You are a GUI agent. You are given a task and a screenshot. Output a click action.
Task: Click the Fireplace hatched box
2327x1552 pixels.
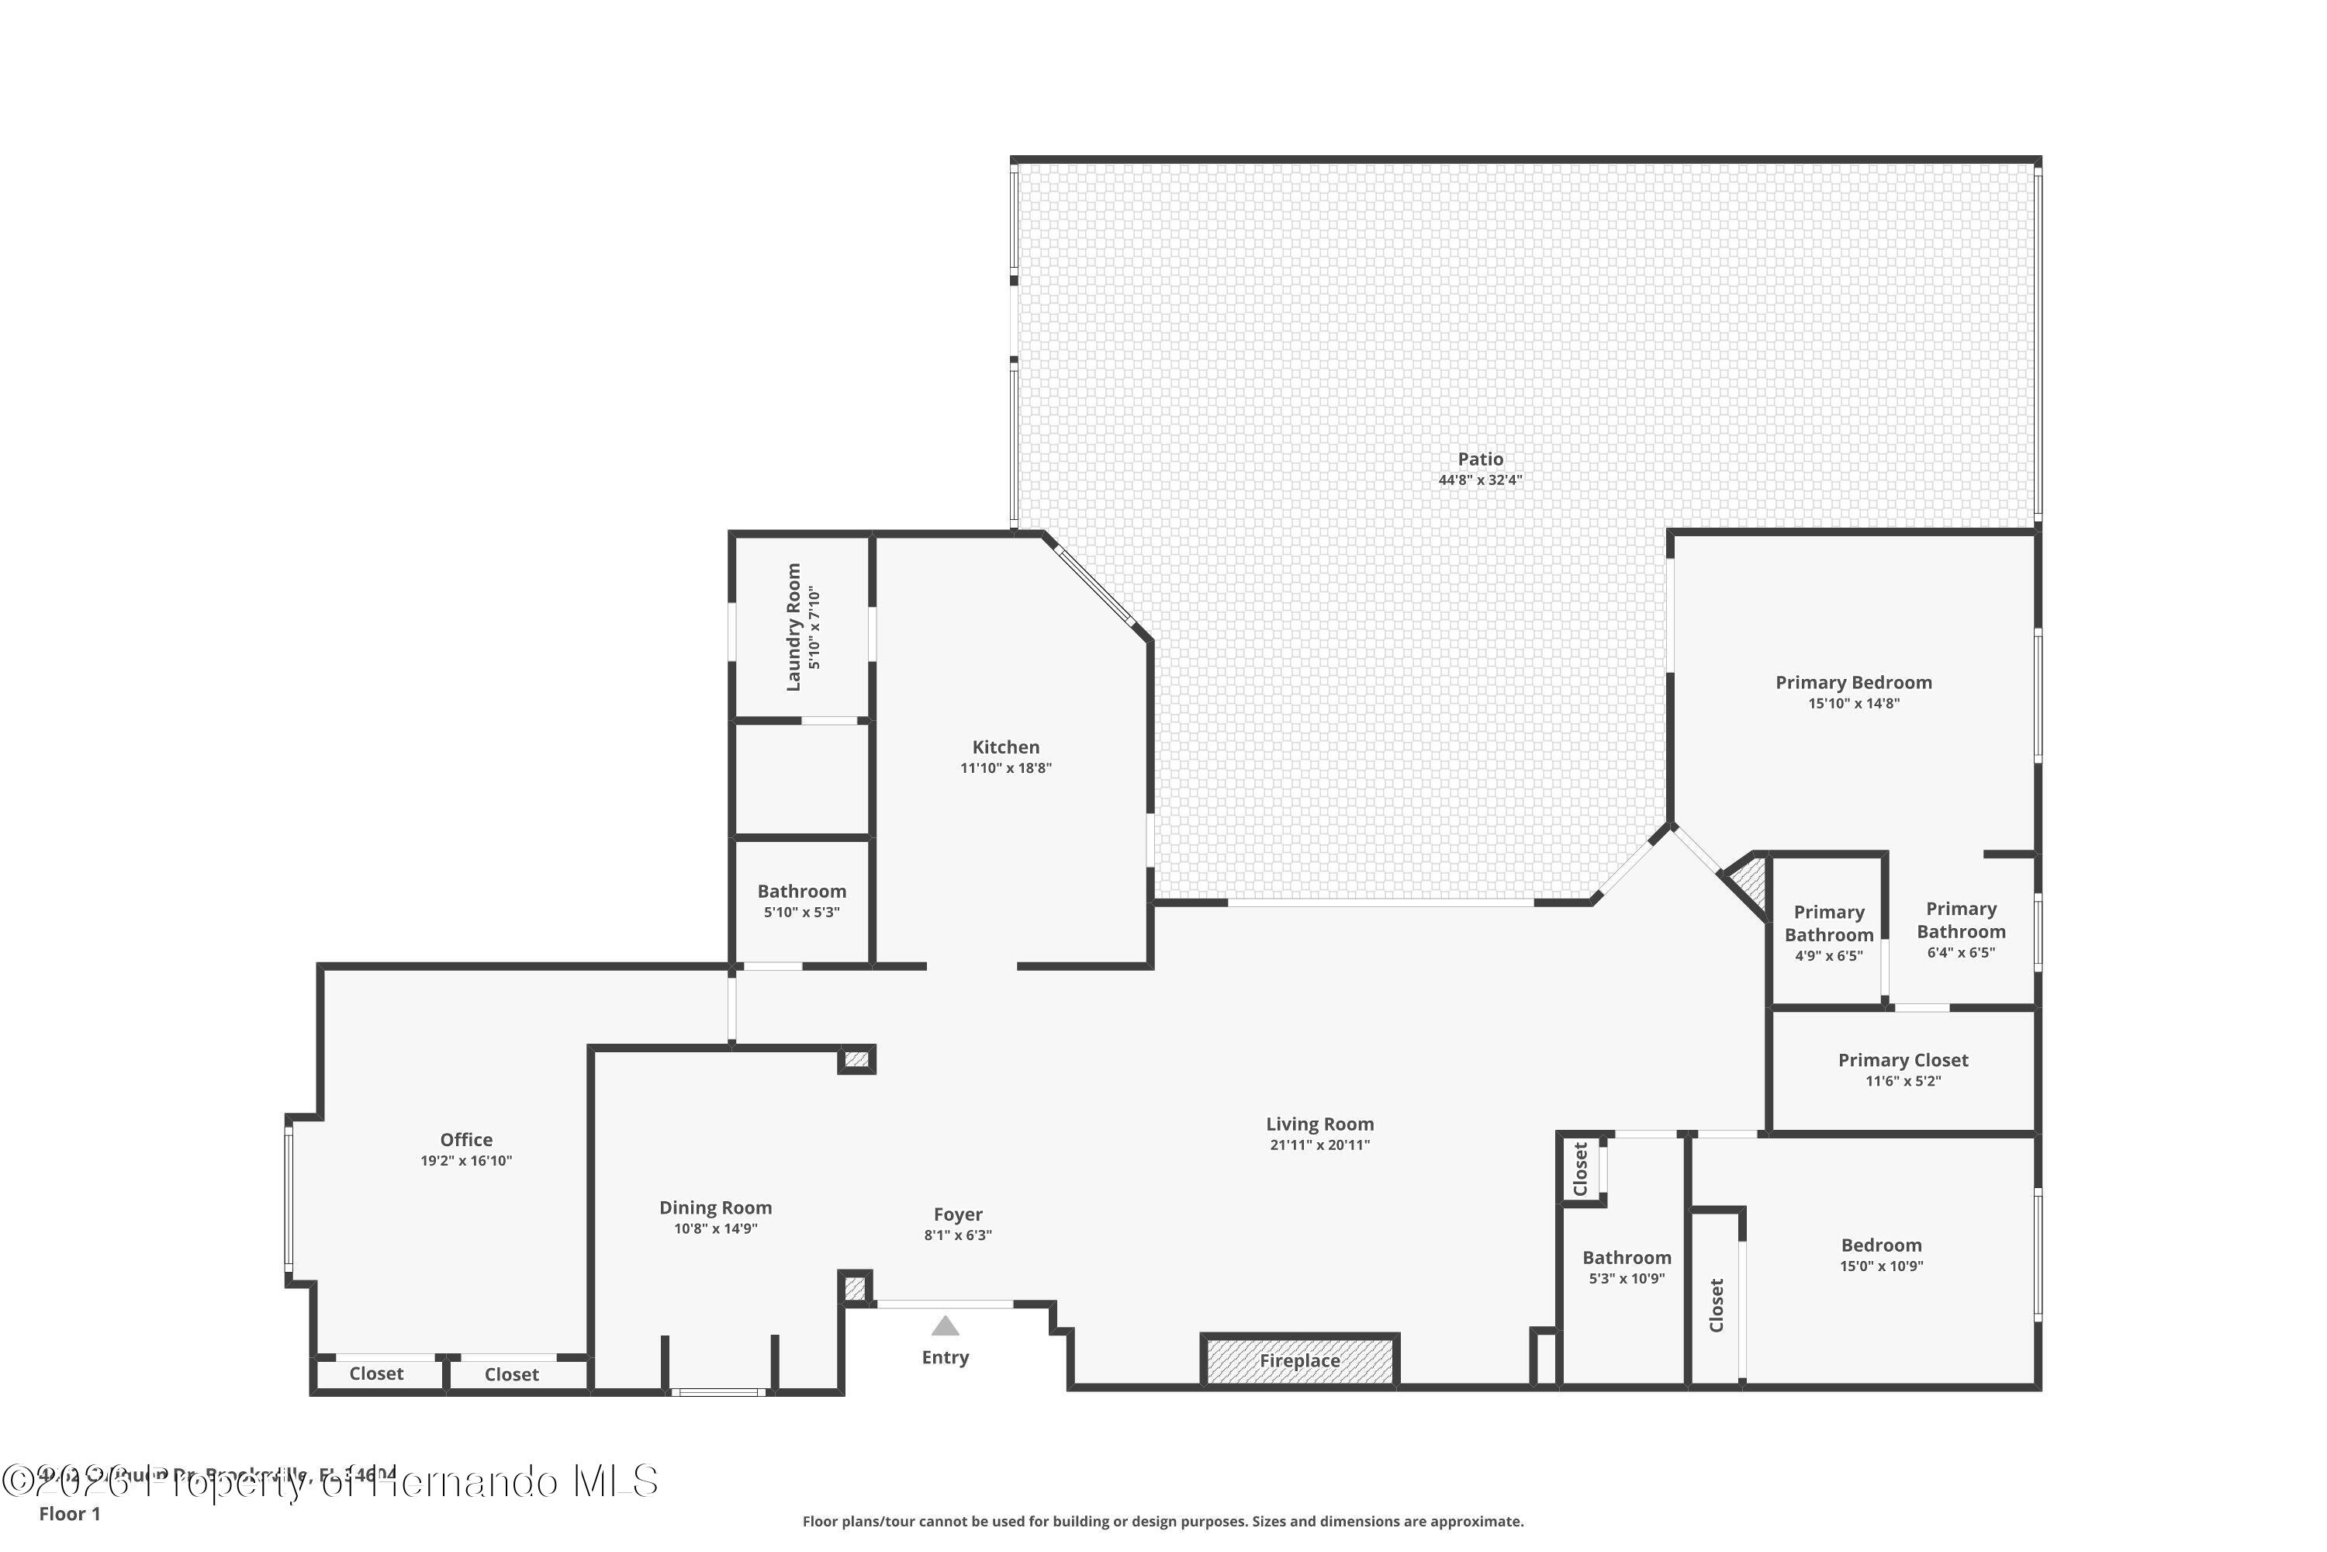pos(1299,1361)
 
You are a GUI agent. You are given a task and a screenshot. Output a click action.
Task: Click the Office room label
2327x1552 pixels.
pos(466,1139)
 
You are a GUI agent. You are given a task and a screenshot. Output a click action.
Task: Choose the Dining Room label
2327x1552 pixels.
pos(715,1207)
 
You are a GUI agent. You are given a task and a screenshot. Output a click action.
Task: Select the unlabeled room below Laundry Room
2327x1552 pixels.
pos(801,780)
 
